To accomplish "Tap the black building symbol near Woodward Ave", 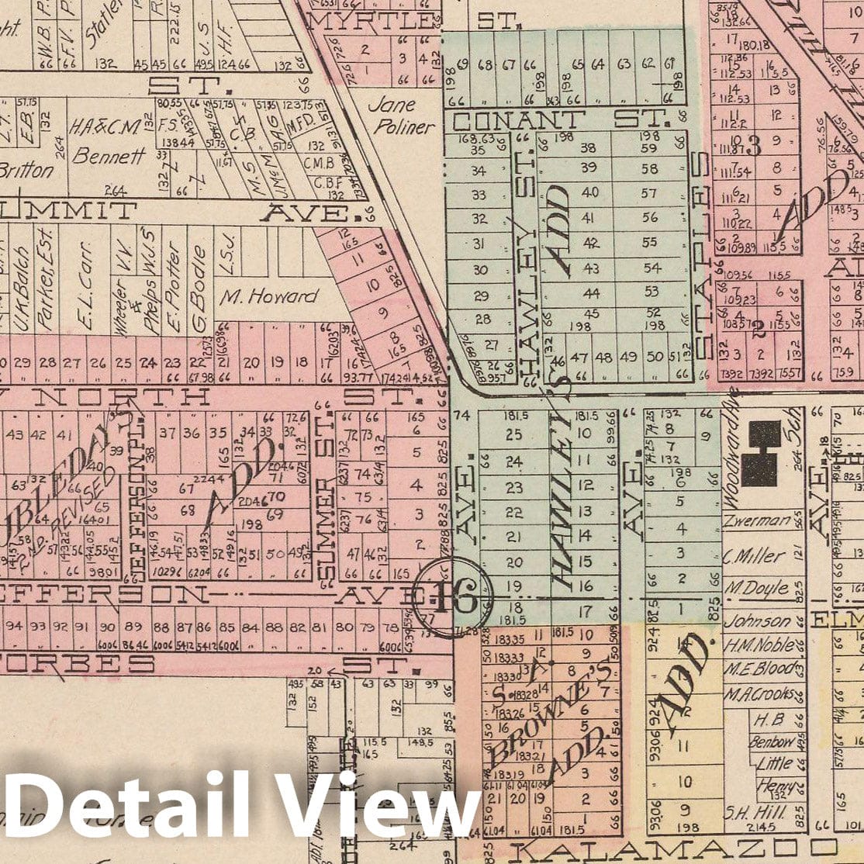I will (762, 453).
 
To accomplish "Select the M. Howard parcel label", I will (268, 295).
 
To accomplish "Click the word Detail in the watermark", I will (128, 807).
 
